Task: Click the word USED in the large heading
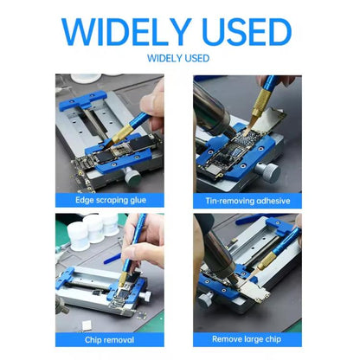click(247, 33)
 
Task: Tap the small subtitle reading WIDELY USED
click(179, 60)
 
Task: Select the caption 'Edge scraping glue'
click(112, 201)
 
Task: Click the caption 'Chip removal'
click(112, 338)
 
